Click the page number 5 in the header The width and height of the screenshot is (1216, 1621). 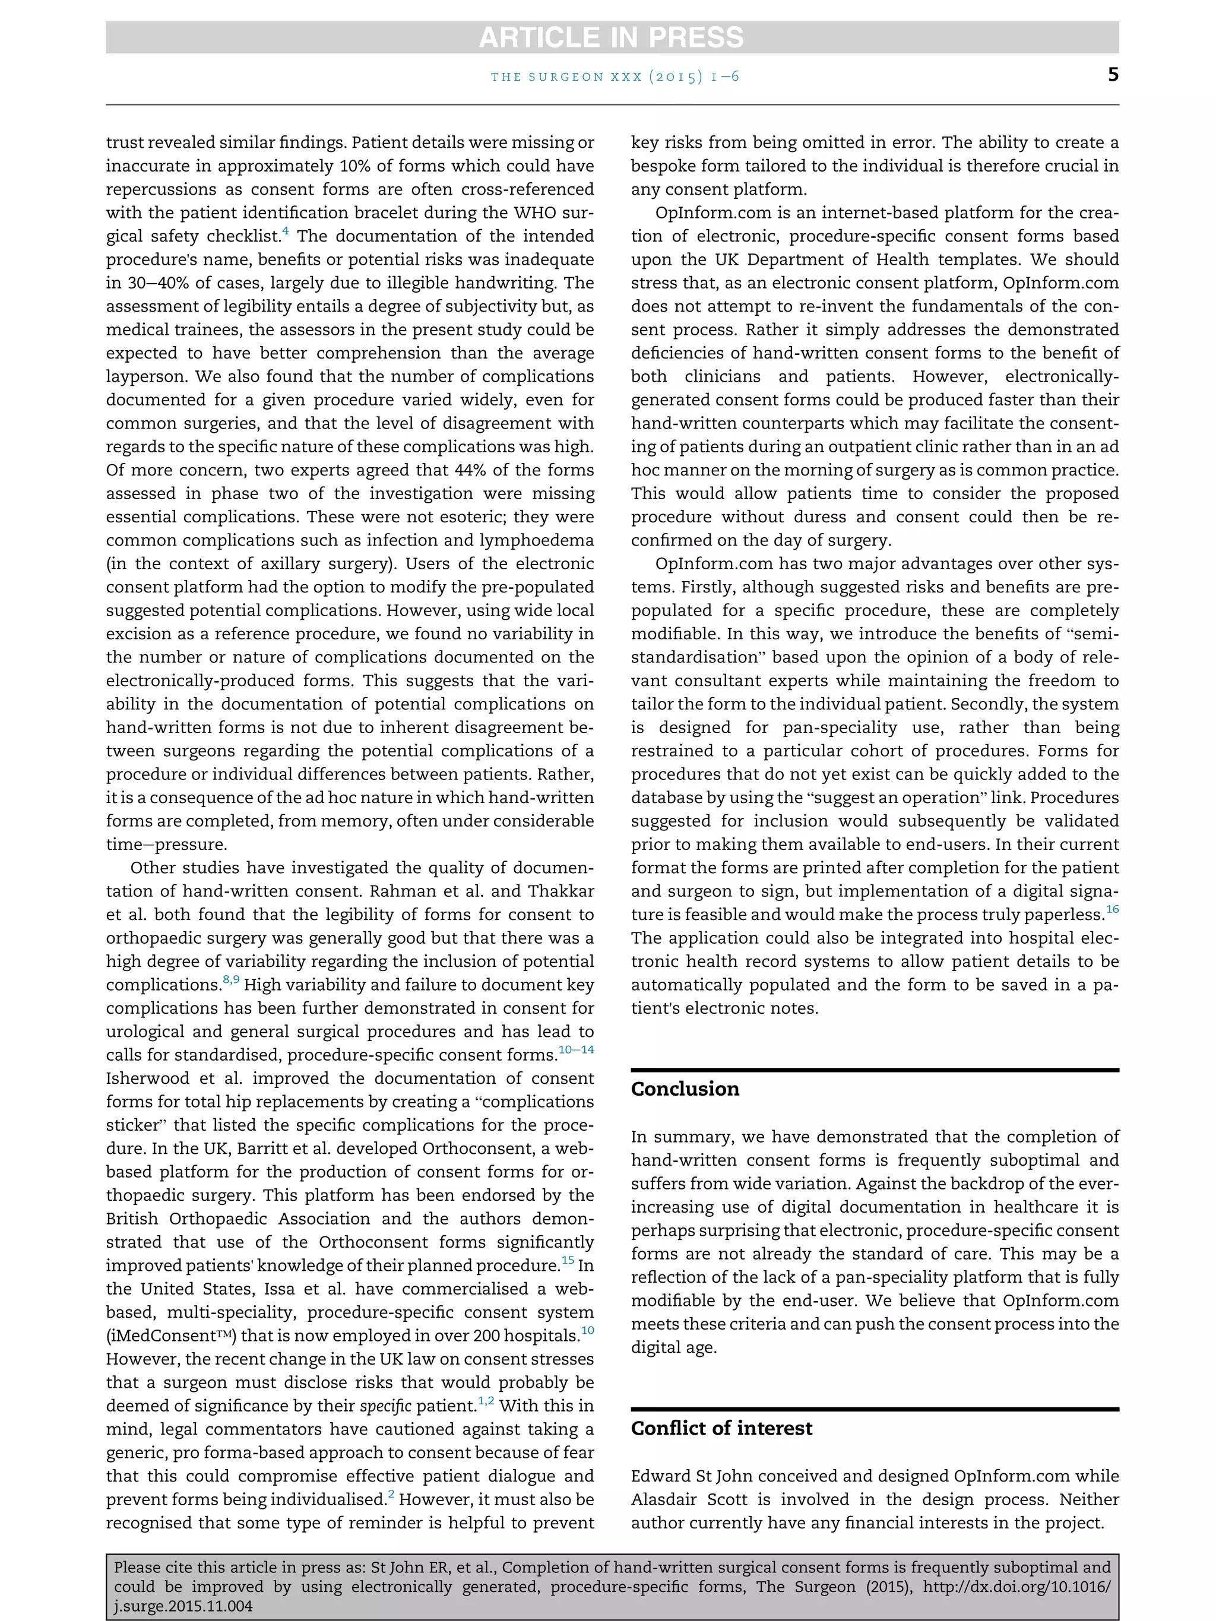(1113, 75)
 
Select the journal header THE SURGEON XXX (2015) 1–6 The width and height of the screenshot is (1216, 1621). (614, 76)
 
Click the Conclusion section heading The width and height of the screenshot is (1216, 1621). (685, 1089)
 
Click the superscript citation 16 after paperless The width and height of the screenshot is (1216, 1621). (1112, 909)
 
